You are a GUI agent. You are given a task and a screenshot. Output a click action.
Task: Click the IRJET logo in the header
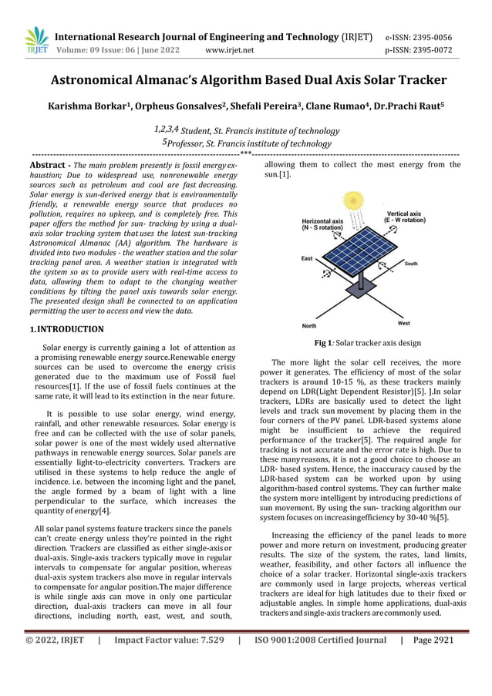point(36,42)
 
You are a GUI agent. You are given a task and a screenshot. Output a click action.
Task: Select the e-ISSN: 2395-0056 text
point(418,37)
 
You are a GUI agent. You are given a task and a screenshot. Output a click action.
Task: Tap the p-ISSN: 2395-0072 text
point(418,51)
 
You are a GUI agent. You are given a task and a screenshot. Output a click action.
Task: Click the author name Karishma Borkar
point(87,105)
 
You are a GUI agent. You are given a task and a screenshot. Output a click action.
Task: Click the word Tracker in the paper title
point(416,80)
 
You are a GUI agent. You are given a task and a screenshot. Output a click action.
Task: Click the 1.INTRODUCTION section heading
point(66,329)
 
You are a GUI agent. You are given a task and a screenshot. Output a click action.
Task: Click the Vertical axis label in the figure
point(403,216)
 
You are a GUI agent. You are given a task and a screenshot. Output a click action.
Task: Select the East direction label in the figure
point(307,259)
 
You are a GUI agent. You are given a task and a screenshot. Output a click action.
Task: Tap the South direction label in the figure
point(411,264)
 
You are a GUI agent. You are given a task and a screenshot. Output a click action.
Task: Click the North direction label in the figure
point(309,325)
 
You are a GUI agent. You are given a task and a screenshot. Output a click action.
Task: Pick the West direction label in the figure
point(403,323)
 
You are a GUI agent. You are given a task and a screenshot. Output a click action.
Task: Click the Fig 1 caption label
point(325,343)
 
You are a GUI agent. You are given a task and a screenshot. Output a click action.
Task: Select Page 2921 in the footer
point(433,661)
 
